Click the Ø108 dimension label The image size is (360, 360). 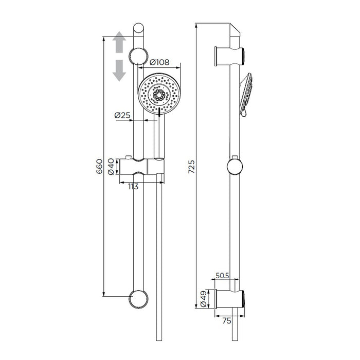159,62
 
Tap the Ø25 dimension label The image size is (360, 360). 122,115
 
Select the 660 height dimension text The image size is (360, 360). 99,166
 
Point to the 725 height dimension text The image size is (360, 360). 191,167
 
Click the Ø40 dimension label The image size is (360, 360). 111,167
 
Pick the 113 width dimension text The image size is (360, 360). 133,187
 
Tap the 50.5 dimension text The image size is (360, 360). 222,276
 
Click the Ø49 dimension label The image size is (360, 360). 204,299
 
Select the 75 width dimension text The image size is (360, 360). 227,321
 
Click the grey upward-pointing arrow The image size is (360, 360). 119,42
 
